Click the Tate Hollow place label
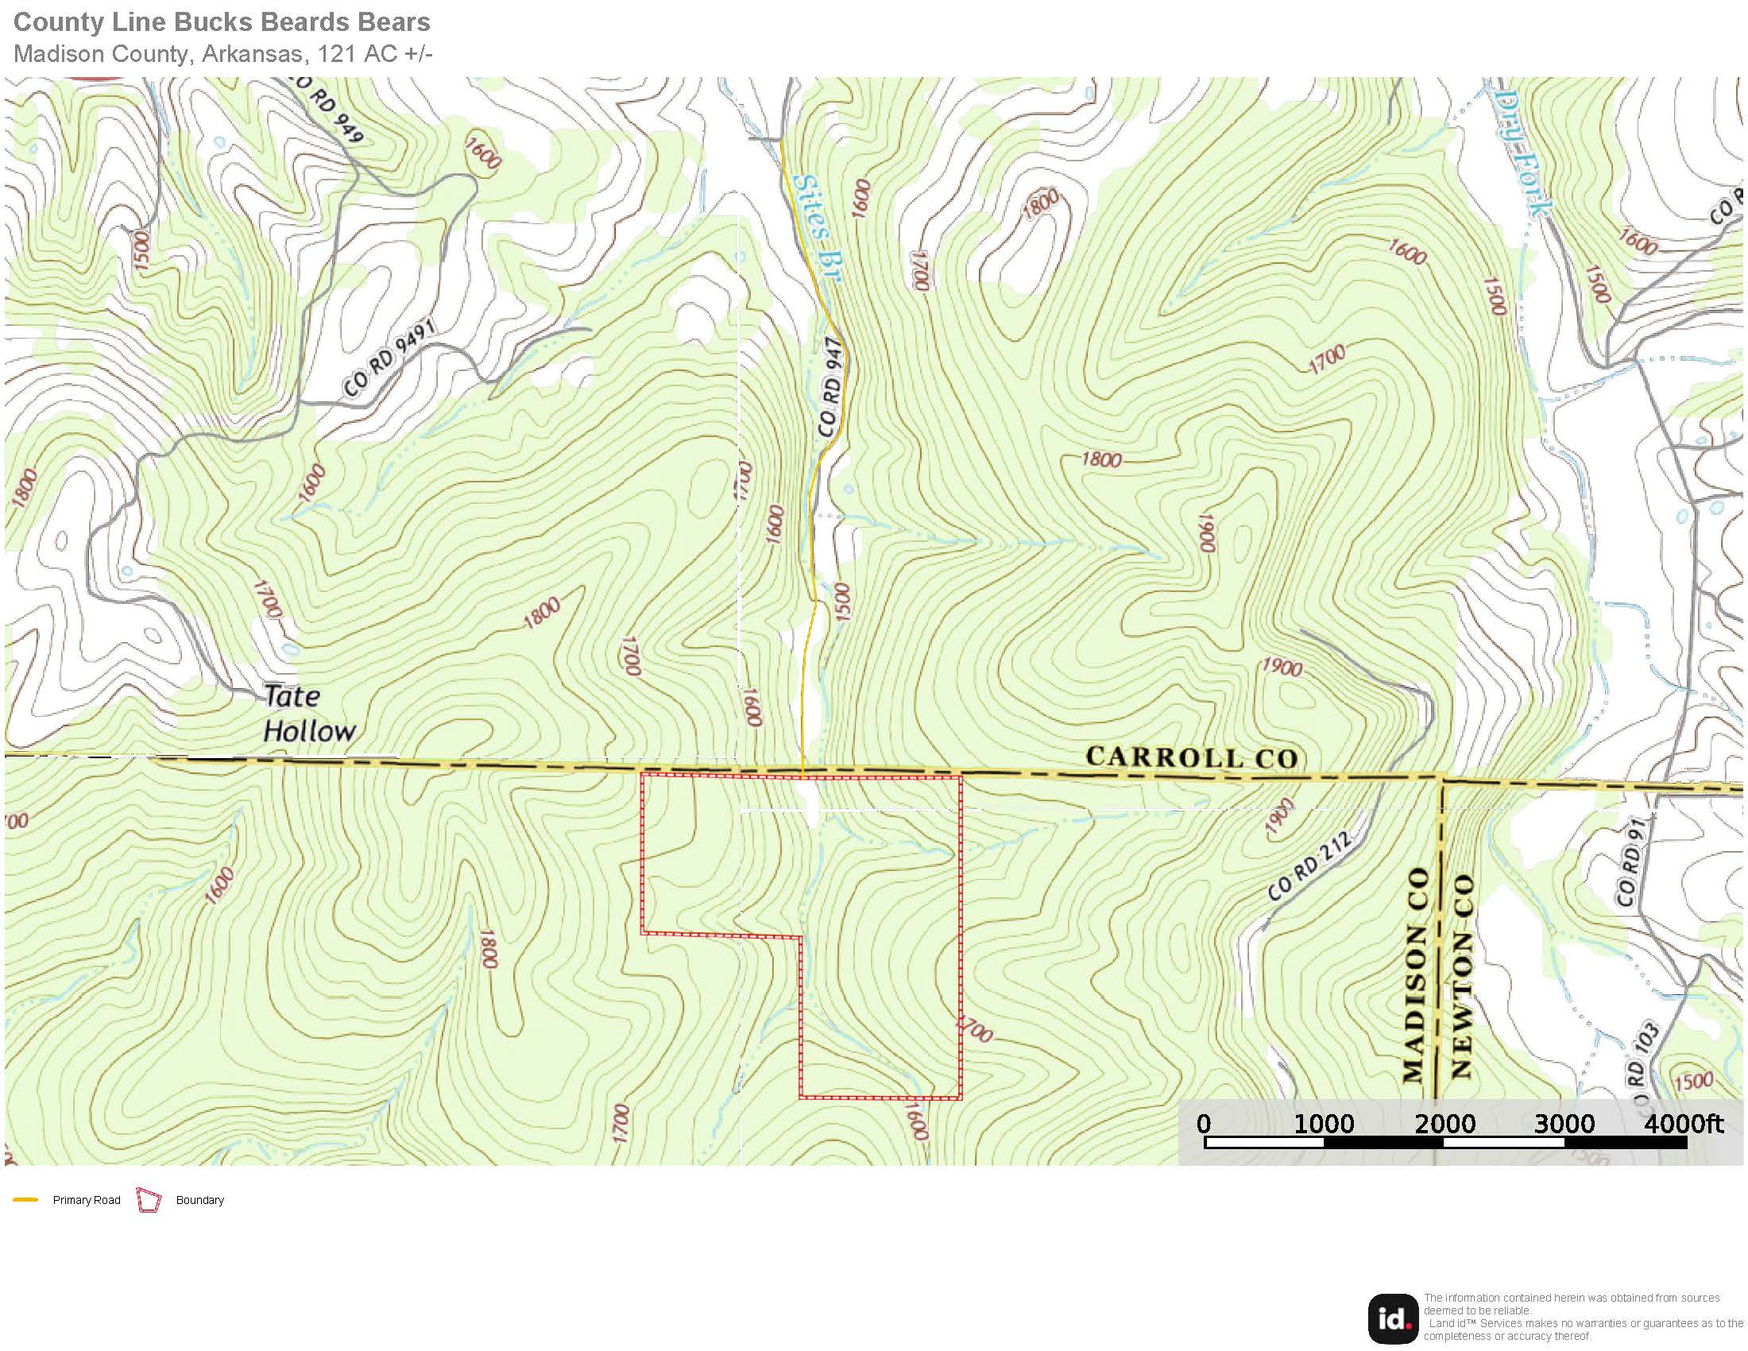[309, 713]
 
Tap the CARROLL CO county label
[1191, 757]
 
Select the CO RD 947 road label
[831, 387]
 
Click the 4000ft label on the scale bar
[1683, 1123]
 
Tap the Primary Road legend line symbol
[25, 1200]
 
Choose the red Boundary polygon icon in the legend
[149, 1200]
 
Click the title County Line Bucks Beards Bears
[222, 21]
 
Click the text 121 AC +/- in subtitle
[374, 53]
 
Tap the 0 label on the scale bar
[1203, 1123]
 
